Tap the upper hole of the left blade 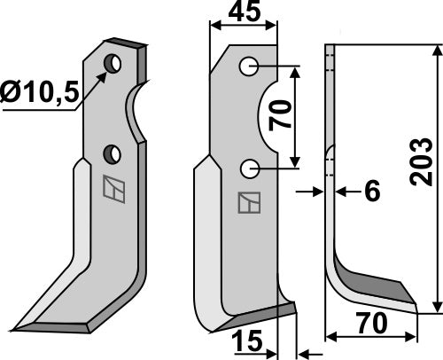tap(113, 64)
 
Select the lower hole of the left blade tap(113, 154)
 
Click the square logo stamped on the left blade tap(113, 188)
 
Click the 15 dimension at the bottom tap(247, 340)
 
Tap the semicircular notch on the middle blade tap(268, 115)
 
